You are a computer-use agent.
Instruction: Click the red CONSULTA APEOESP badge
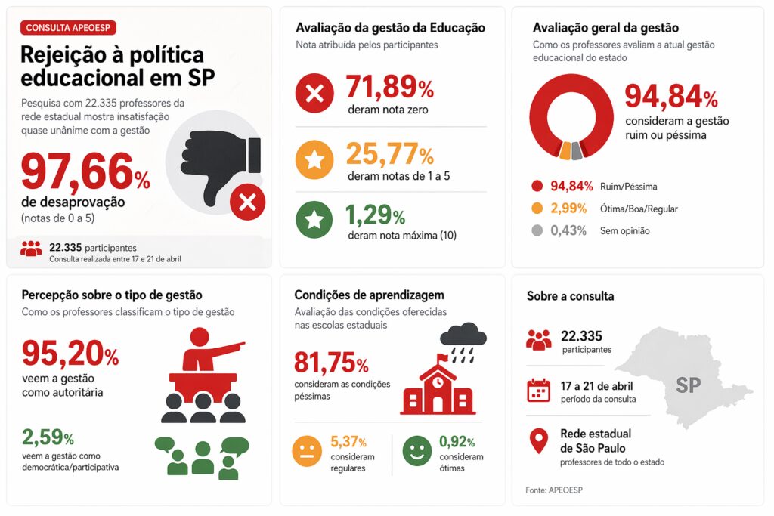click(70, 28)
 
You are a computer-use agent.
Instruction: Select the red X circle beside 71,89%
click(314, 93)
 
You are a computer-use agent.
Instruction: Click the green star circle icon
click(314, 221)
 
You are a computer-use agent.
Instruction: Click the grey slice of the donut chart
click(577, 150)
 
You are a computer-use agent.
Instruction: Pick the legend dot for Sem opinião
click(537, 230)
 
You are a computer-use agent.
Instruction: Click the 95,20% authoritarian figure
click(70, 353)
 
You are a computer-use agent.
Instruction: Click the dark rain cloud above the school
click(463, 334)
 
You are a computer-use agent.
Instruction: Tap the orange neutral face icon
click(307, 453)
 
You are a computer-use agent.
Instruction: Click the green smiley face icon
click(418, 452)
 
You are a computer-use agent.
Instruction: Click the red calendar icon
click(538, 391)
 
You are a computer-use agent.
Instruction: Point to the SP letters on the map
click(688, 385)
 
